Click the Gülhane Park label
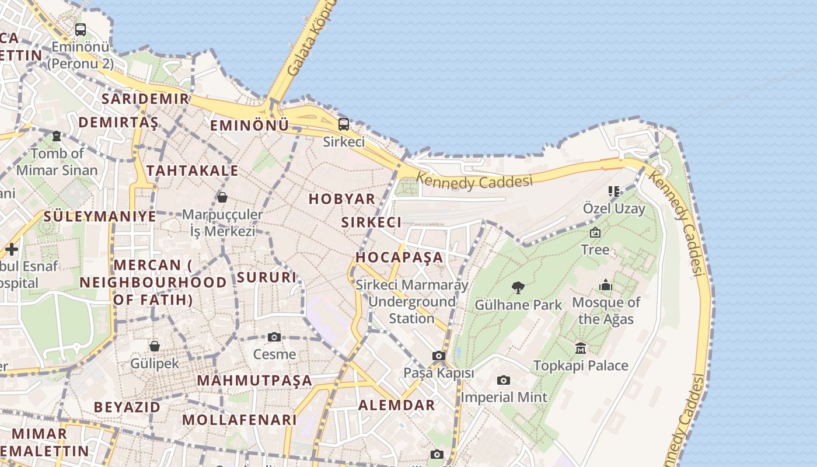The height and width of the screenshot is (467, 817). coord(518,305)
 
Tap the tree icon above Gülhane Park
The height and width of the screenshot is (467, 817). coord(518,287)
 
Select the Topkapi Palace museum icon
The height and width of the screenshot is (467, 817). coord(581,348)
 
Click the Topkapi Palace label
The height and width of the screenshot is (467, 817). coord(581,366)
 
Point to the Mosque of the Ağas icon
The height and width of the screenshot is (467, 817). coord(606,285)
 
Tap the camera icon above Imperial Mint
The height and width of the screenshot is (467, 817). coord(504,380)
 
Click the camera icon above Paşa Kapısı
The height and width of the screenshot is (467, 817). coord(439,356)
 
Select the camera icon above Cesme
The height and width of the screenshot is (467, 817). coord(274,337)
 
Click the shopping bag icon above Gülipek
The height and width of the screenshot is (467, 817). coord(155,346)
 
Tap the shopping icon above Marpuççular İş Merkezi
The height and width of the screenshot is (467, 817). coord(222,197)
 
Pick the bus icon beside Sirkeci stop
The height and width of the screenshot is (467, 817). coord(344,124)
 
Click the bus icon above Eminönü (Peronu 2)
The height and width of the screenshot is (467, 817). coord(81,29)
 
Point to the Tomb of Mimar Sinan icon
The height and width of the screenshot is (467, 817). coord(57,136)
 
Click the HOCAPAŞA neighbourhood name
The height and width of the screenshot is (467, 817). coord(400,257)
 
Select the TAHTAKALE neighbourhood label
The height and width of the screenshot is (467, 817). coord(192,170)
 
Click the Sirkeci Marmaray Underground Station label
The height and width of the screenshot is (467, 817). coord(412,302)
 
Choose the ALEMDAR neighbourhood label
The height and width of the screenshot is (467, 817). coord(396,405)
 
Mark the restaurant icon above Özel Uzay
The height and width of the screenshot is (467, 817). coord(613,191)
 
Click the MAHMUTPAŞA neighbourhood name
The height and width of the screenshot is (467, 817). coord(254,381)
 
